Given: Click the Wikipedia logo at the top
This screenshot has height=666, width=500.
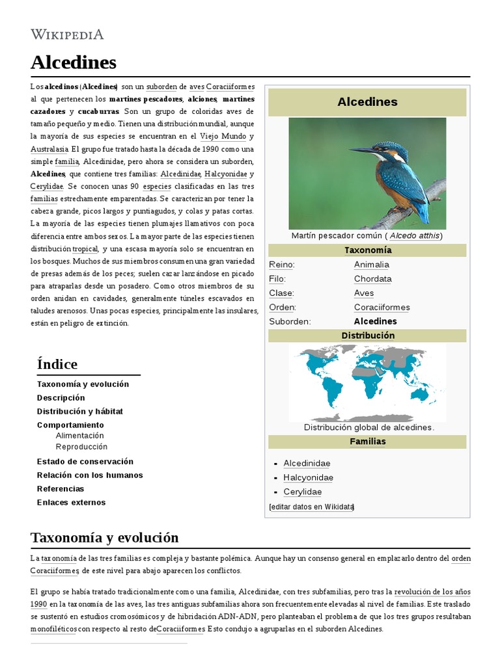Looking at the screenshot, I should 67,34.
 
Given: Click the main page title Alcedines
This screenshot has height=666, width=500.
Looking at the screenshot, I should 73,62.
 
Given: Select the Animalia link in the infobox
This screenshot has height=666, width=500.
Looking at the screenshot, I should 371,265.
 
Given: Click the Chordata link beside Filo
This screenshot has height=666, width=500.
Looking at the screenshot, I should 372,279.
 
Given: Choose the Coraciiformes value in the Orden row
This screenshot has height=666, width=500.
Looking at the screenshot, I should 382,307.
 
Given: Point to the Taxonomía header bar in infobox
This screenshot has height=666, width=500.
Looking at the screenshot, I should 367,250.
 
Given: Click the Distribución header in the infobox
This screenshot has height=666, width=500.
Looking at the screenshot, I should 367,336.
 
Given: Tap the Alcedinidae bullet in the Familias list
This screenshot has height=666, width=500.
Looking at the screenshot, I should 307,463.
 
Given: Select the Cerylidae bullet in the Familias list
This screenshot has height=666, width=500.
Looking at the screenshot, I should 302,492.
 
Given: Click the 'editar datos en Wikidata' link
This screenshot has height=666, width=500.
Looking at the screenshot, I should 311,507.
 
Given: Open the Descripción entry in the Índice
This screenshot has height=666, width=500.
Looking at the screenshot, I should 61,397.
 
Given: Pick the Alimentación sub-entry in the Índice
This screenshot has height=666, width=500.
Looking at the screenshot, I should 79,436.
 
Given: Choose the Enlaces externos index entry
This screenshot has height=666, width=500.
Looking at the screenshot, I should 71,502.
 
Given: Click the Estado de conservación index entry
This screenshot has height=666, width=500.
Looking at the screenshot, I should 85,461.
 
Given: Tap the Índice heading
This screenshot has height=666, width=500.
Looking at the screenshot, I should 57,364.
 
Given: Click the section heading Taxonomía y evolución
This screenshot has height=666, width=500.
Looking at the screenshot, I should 104,538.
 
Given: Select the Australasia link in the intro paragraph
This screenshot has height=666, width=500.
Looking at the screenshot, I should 49,149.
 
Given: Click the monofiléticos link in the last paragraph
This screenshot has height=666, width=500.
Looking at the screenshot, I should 55,629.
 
